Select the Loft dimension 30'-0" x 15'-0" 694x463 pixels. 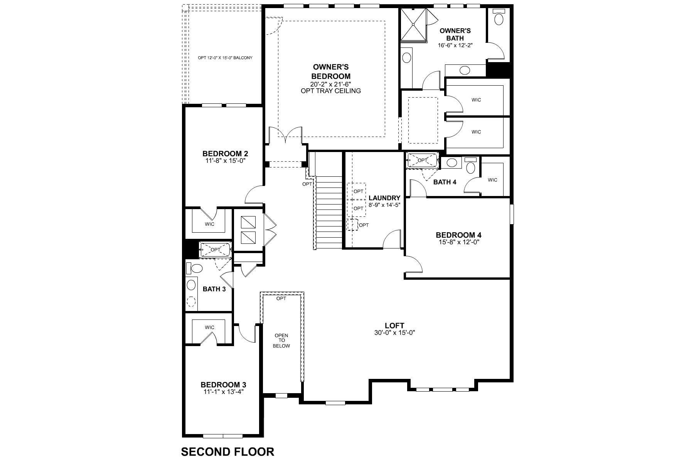[394, 332]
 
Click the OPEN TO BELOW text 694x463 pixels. [281, 341]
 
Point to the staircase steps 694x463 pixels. [329, 212]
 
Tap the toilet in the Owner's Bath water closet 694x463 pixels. [499, 18]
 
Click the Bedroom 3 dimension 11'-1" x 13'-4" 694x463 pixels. [223, 391]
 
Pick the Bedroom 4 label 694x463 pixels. [458, 235]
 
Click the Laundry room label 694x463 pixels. [384, 198]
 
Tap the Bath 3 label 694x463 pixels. [214, 289]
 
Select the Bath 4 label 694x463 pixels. [445, 182]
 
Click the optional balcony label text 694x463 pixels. [225, 58]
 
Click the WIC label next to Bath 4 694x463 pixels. [492, 180]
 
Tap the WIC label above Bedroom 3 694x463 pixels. [209, 327]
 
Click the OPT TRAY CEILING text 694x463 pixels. [331, 91]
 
